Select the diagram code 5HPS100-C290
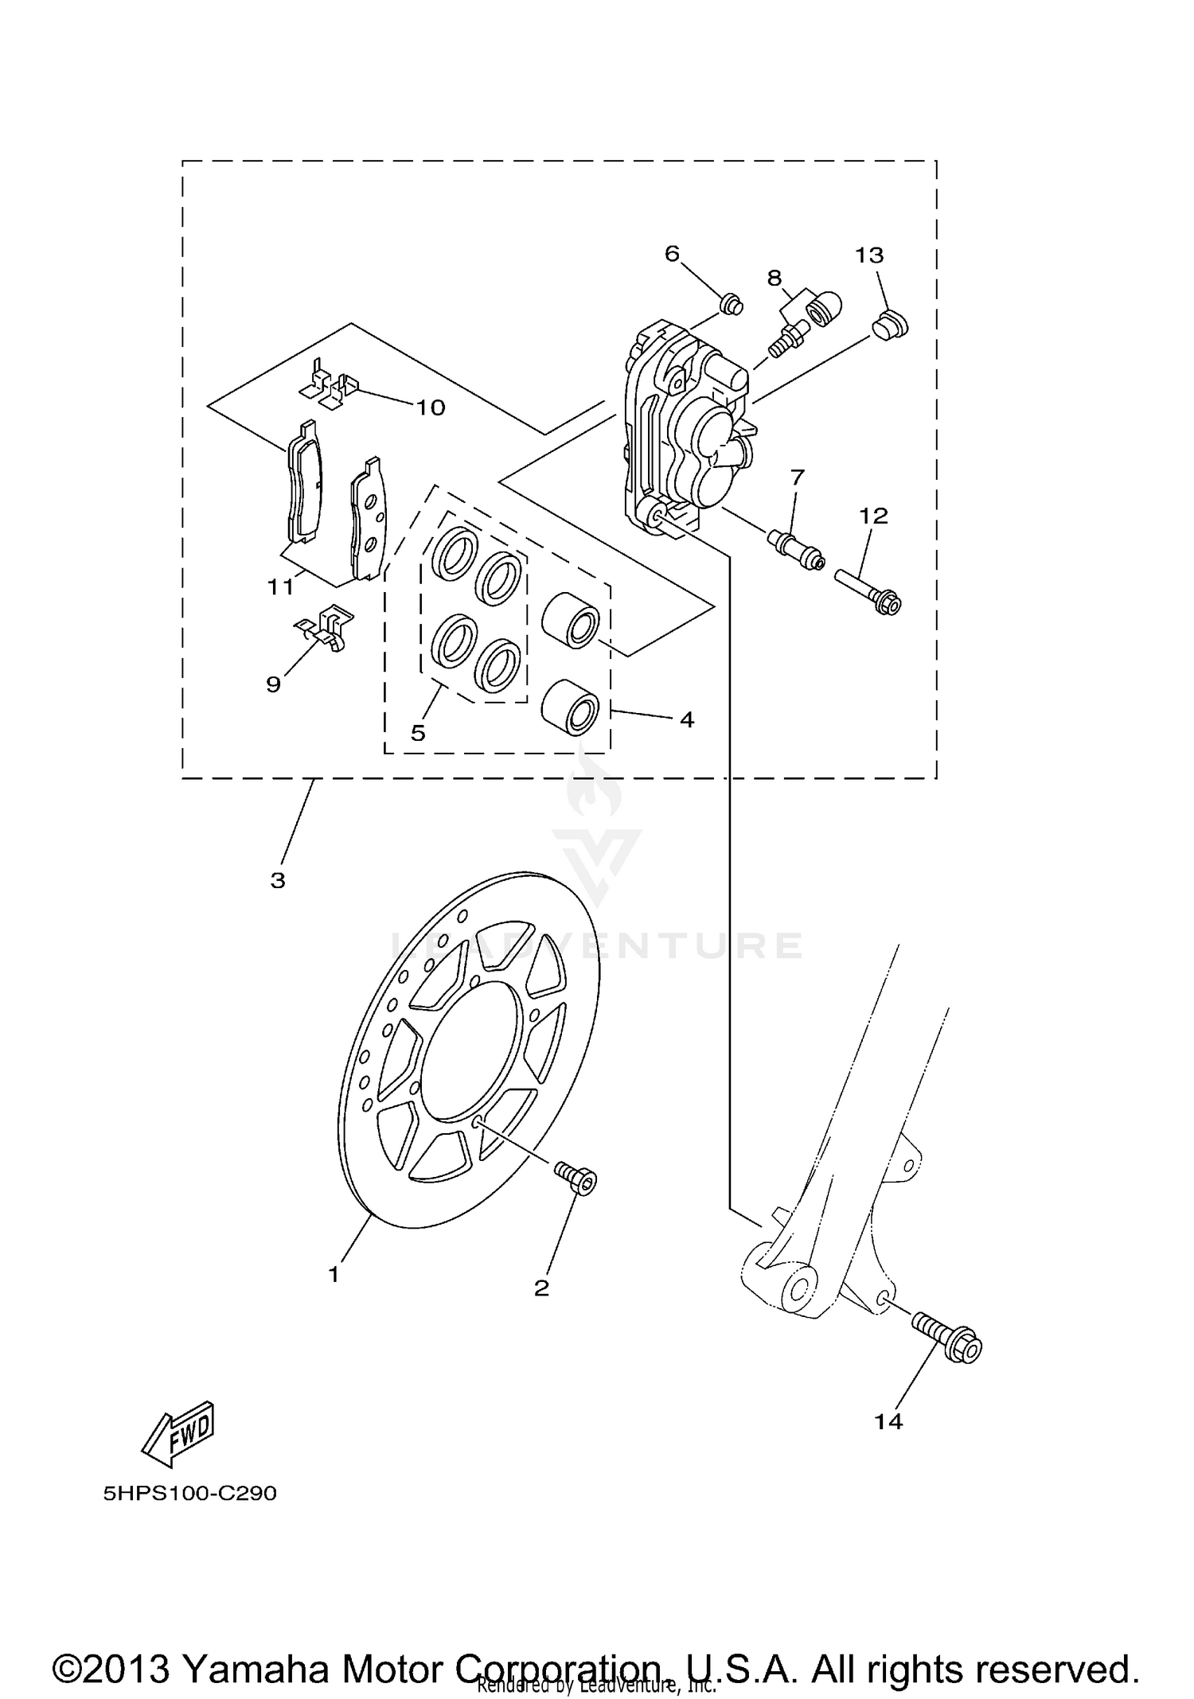[x=189, y=1493]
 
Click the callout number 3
[x=277, y=880]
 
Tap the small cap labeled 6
[x=730, y=304]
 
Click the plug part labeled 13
[x=890, y=325]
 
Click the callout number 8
[x=774, y=278]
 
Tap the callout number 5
[x=418, y=732]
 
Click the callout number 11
[x=280, y=587]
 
